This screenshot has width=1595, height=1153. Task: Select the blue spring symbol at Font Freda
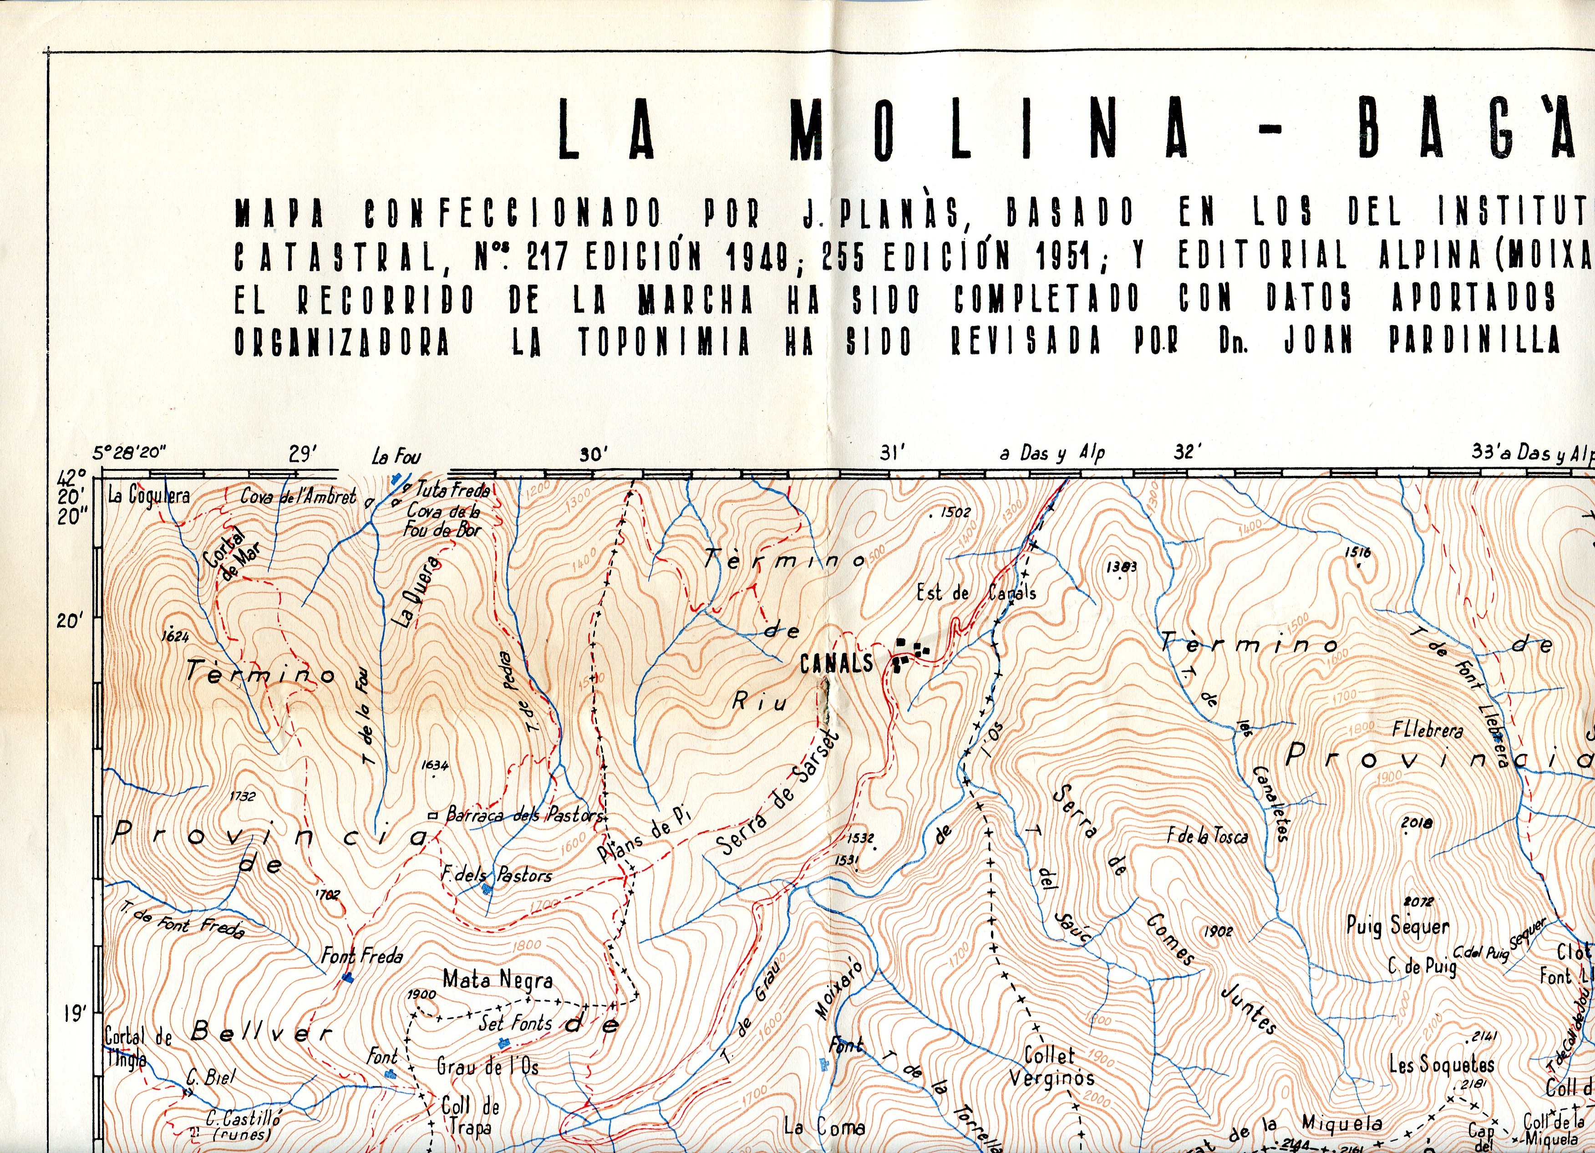[347, 977]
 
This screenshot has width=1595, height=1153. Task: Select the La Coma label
[824, 1127]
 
